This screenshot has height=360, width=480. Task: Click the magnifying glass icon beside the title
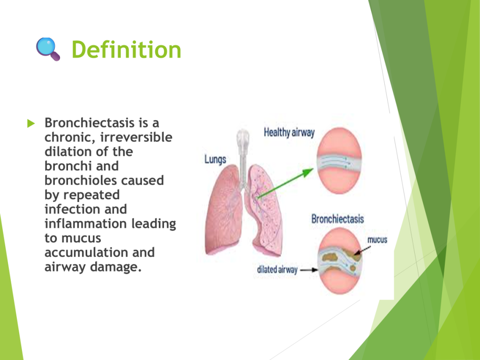click(48, 49)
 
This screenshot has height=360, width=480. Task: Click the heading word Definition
click(126, 50)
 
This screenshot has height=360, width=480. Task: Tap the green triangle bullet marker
click(31, 123)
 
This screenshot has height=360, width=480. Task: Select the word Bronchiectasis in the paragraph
click(90, 123)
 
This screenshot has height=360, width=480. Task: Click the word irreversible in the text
click(136, 137)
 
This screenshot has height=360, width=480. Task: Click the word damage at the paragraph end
click(116, 267)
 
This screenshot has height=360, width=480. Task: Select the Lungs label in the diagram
click(215, 159)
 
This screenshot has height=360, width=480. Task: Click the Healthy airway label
click(289, 133)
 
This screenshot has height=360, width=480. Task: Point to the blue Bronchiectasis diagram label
click(337, 219)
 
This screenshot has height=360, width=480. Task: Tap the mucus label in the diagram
click(377, 240)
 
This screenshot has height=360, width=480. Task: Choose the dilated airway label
click(277, 270)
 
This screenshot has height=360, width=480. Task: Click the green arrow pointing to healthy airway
click(285, 183)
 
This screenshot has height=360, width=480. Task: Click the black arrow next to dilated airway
click(309, 270)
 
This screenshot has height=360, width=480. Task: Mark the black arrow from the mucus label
click(362, 250)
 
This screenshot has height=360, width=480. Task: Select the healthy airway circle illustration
click(339, 161)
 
